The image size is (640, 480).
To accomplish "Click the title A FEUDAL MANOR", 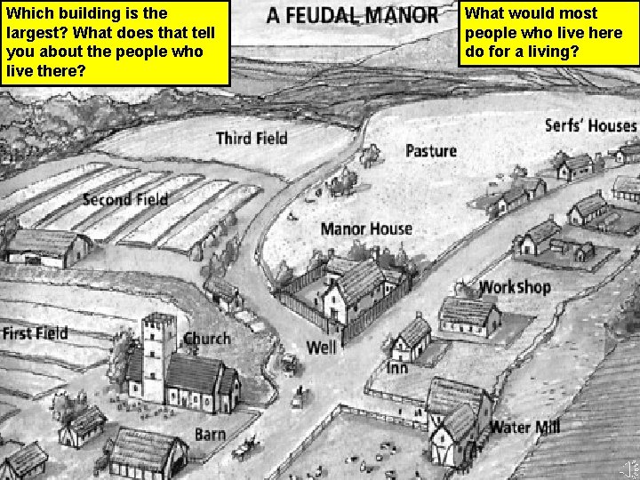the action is [x=352, y=15].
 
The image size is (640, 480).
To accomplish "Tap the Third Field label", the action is [x=252, y=138].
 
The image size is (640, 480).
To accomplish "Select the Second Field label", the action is [x=124, y=199].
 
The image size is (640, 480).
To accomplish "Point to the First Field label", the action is [x=35, y=334].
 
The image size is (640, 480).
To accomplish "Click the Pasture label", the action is [x=430, y=151].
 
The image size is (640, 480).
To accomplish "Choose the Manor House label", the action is [x=366, y=228].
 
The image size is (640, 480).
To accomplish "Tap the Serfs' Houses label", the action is [x=590, y=125].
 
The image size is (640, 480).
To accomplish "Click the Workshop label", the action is [x=515, y=287].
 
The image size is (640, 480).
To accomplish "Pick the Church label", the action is [x=206, y=339].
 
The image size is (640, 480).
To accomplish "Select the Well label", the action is [x=321, y=346].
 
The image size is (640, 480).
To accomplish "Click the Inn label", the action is [x=396, y=367].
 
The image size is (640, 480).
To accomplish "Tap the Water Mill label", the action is [x=524, y=428].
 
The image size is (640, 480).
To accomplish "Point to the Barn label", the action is [x=210, y=435].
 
